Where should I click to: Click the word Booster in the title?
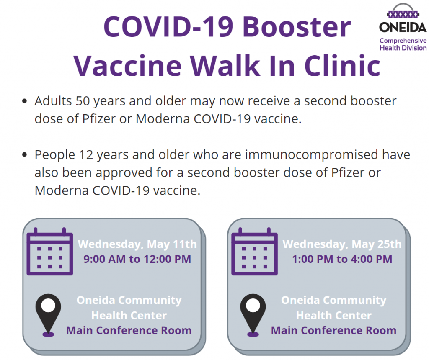pos(297,26)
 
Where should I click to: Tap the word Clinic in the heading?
pos(342,65)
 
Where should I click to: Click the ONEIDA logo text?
pos(403,27)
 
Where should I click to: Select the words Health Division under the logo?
pos(403,48)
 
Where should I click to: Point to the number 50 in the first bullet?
pos(83,101)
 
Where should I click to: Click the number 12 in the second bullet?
pos(86,155)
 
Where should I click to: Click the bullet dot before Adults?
pos(25,101)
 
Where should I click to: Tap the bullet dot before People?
pos(25,155)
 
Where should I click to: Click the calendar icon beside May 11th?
pos(49,251)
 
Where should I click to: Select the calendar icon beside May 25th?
pos(254,251)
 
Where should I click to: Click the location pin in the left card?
pos(48,315)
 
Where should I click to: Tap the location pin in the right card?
pos(253,315)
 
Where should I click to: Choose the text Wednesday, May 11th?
pos(137,244)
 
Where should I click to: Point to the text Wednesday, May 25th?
pos(342,244)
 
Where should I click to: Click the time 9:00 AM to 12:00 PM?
pos(137,259)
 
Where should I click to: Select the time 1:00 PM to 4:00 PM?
pos(342,259)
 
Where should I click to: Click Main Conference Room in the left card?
pos(129,330)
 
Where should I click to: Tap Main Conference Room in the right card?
pos(334,330)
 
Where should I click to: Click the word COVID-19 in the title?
pos(168,26)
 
